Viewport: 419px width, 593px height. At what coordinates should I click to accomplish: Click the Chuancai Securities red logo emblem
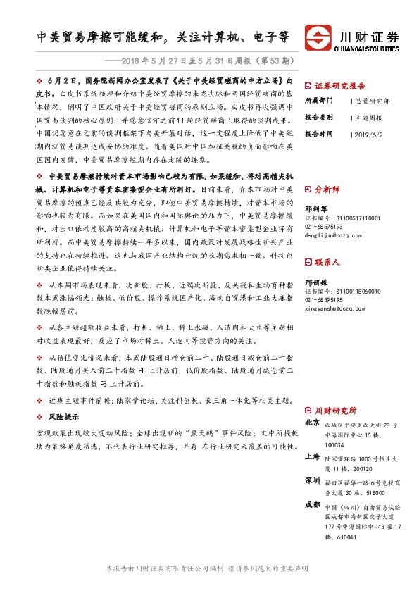(318, 37)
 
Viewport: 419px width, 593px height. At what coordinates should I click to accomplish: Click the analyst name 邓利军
(316, 209)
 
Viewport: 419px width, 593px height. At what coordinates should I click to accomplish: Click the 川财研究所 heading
(335, 410)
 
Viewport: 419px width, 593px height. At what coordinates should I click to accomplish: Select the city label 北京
(313, 423)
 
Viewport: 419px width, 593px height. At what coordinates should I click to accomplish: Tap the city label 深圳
(313, 480)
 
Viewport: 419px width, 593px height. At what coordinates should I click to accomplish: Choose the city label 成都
(313, 504)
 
